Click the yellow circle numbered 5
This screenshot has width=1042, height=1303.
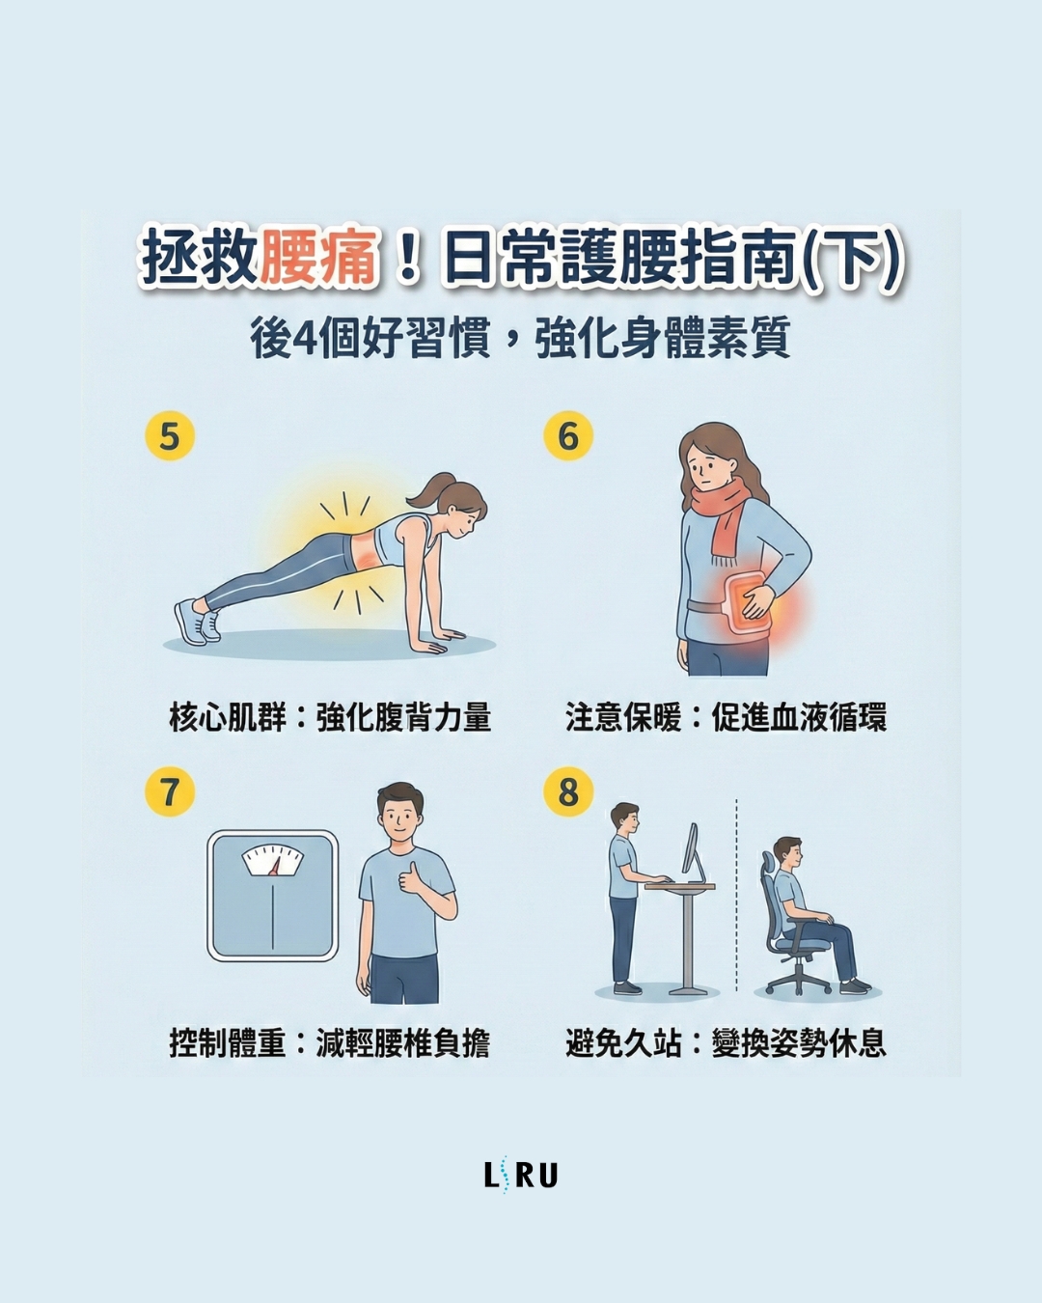point(170,435)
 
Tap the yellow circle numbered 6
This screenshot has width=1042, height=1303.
point(568,435)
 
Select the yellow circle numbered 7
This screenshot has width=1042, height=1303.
point(170,791)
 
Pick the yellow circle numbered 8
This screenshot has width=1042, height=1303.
point(568,791)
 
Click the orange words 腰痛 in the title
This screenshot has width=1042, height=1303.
point(317,259)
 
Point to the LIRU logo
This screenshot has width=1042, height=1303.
point(521,1175)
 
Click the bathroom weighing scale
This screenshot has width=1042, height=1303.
point(273,896)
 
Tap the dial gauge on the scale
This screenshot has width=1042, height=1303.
point(273,859)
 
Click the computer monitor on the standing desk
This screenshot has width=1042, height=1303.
point(691,849)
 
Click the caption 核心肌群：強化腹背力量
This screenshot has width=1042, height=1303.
point(330,717)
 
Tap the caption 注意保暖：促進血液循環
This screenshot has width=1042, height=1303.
point(726,717)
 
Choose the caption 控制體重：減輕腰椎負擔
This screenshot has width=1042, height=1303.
point(330,1042)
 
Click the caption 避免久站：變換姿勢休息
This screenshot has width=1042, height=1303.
point(726,1042)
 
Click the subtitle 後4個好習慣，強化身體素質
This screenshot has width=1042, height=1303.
point(521,338)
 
